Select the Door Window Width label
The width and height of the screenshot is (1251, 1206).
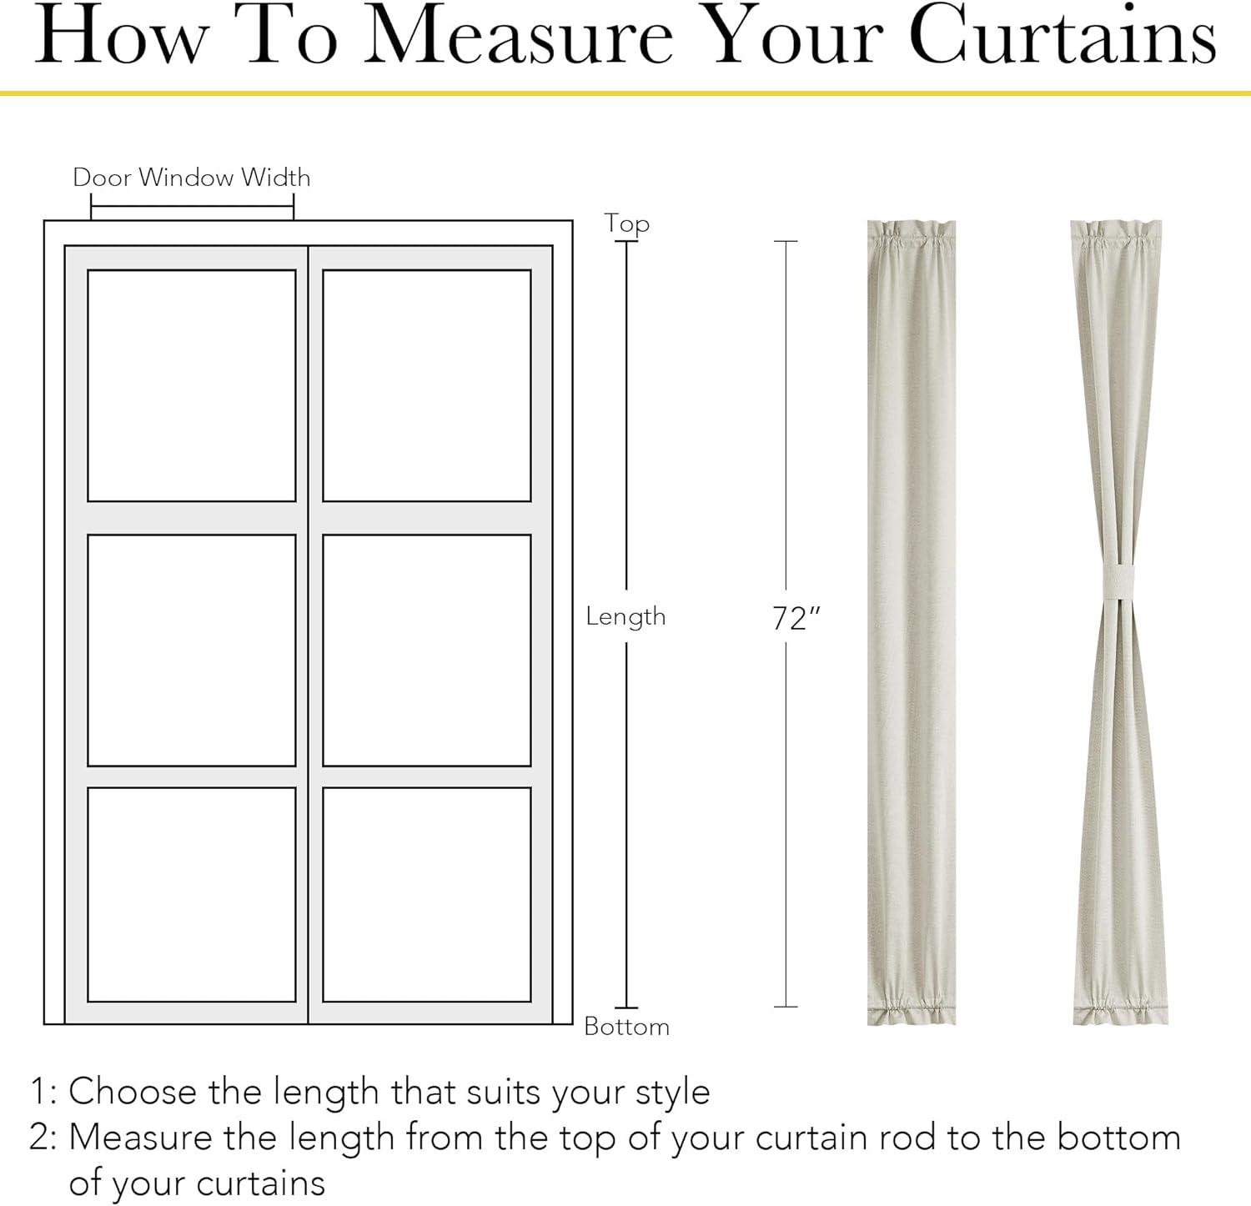coord(192,177)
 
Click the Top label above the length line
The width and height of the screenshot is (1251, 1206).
coord(627,224)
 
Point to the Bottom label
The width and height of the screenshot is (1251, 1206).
coord(627,1026)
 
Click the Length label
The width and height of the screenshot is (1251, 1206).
coord(625,616)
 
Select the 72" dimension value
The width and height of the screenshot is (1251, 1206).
coord(796,619)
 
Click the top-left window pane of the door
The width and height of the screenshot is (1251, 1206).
coord(192,385)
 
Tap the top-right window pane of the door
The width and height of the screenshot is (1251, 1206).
coord(427,385)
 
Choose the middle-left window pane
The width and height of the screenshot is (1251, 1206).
coord(192,650)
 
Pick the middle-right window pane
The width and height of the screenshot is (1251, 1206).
coord(427,650)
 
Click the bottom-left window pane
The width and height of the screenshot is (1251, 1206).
coord(192,894)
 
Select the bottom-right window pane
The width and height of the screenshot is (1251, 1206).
coord(427,894)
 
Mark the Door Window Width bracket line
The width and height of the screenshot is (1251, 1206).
coord(192,203)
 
